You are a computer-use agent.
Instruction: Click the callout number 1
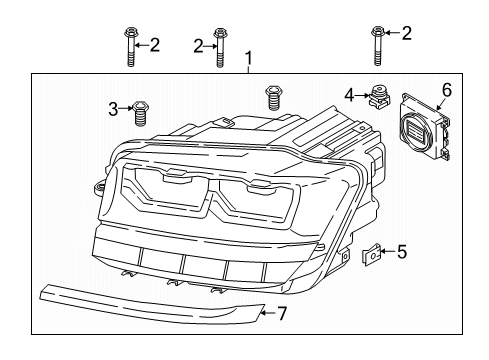click(x=248, y=58)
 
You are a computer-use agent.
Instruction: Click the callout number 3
click(x=113, y=109)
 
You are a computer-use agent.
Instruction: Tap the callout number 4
click(x=349, y=96)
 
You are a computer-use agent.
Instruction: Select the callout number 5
click(x=402, y=252)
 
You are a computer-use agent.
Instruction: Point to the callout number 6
click(x=447, y=90)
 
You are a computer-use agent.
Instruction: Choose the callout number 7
click(x=282, y=314)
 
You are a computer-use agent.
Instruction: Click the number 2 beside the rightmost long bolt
click(x=406, y=33)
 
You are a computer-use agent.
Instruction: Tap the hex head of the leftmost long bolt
click(x=130, y=33)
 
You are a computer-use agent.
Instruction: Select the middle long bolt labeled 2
click(x=219, y=48)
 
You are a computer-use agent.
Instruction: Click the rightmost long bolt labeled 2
click(x=377, y=46)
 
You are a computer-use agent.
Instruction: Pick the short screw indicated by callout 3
click(x=140, y=114)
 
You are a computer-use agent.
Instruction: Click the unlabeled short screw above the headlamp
click(x=273, y=98)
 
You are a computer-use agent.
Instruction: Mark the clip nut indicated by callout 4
click(x=378, y=95)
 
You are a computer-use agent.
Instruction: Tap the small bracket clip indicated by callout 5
click(x=371, y=255)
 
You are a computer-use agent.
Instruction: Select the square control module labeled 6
click(x=425, y=126)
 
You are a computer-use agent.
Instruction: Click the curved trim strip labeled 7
click(x=152, y=303)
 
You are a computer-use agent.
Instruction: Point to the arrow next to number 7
click(x=269, y=313)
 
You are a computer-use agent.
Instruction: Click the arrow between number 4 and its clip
click(x=361, y=96)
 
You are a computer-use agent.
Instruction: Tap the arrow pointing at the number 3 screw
click(x=126, y=108)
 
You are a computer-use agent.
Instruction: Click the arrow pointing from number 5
click(x=387, y=251)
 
